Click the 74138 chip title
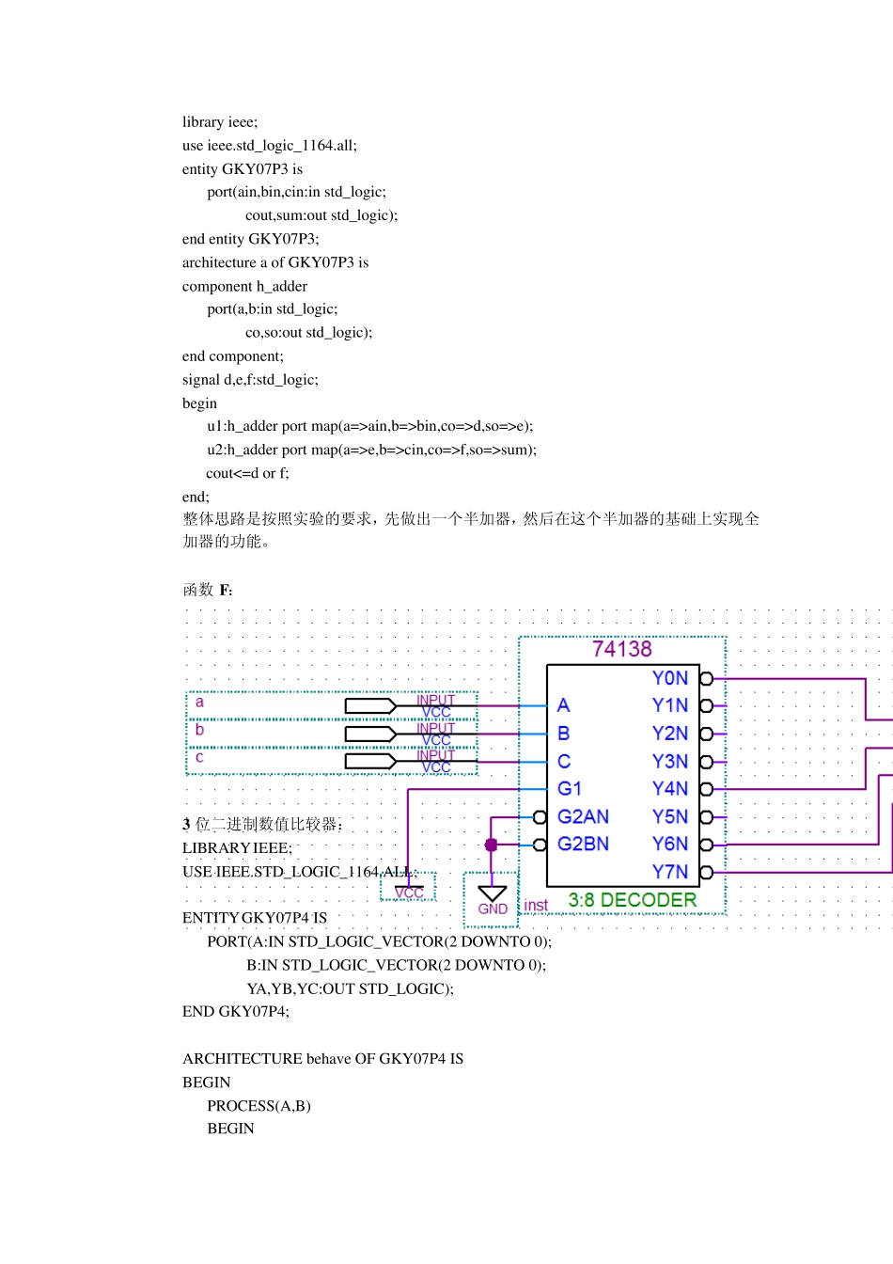point(621,650)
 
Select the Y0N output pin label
point(669,678)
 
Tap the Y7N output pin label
point(669,872)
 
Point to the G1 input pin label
point(570,789)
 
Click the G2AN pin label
point(583,816)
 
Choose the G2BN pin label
point(583,844)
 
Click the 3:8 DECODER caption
point(632,900)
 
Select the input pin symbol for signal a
point(370,706)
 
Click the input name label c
point(199,757)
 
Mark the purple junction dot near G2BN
point(491,845)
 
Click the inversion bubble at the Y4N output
point(706,789)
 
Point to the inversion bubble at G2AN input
point(540,817)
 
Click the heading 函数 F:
point(208,590)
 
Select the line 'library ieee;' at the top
point(220,122)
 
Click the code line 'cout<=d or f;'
point(247,473)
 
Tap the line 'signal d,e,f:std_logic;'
point(250,380)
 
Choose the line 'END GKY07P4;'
point(236,1012)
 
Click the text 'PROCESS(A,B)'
point(258,1106)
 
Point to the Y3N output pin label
point(669,762)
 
